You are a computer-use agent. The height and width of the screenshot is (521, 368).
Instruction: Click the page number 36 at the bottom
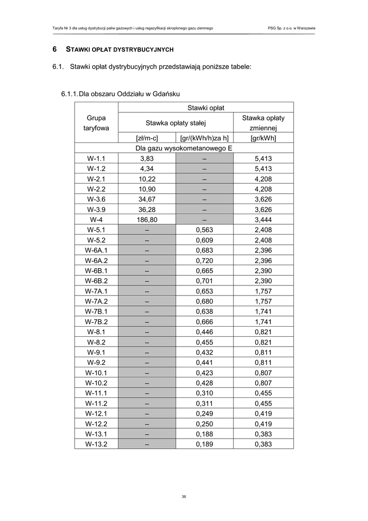point(183,497)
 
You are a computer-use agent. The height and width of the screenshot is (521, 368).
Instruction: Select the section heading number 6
point(54,50)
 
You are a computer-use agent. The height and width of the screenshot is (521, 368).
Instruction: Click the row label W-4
point(96,219)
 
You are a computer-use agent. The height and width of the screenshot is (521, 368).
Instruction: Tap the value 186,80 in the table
point(147,219)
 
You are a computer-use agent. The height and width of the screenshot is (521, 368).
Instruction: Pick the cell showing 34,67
point(147,199)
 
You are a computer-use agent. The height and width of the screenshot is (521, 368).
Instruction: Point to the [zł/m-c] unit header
point(147,138)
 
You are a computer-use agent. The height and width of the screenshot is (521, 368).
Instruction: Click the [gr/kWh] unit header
point(263,138)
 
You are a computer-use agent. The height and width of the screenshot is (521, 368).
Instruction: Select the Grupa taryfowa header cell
point(96,123)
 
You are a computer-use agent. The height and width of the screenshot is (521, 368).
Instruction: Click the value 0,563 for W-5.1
point(204,229)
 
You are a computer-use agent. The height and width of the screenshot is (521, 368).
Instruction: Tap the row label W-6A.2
point(96,260)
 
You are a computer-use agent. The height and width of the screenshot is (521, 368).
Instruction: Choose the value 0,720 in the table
point(204,260)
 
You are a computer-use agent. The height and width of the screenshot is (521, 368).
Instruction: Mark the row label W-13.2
point(96,444)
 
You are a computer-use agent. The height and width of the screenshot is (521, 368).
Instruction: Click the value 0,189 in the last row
point(204,444)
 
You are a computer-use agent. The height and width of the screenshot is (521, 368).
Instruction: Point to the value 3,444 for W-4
point(263,219)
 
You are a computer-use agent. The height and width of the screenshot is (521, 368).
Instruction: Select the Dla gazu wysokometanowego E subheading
point(184,148)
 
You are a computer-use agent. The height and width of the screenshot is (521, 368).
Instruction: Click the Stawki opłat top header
point(206,107)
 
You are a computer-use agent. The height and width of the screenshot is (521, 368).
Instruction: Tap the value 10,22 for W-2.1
point(147,179)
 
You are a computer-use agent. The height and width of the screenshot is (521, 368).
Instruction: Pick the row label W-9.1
point(96,352)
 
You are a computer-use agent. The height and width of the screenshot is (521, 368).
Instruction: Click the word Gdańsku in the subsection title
point(164,94)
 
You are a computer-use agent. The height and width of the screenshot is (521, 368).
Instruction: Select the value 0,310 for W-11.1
point(204,393)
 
